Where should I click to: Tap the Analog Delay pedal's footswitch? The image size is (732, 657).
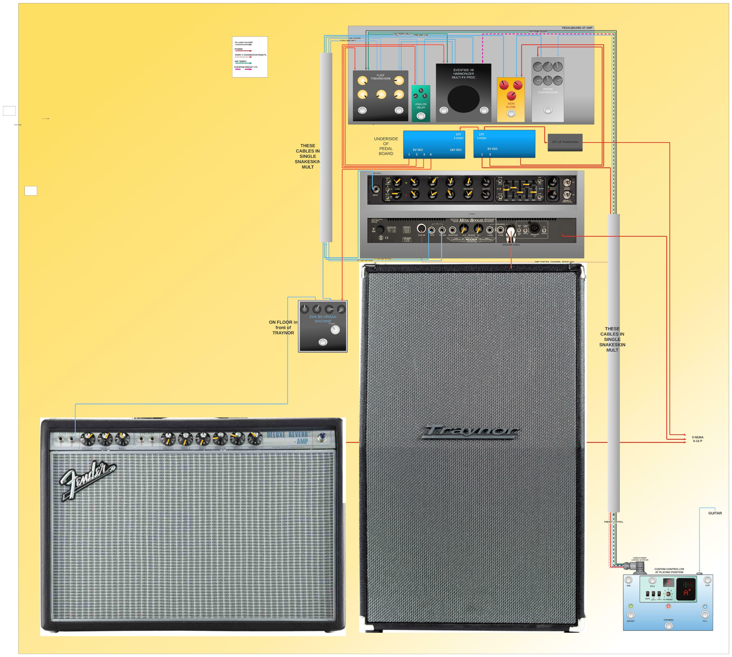(421, 116)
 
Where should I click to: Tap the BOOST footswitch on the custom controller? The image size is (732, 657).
(631, 615)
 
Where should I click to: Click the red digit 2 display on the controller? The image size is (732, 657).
(669, 582)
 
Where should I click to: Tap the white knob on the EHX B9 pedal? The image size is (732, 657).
(335, 330)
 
